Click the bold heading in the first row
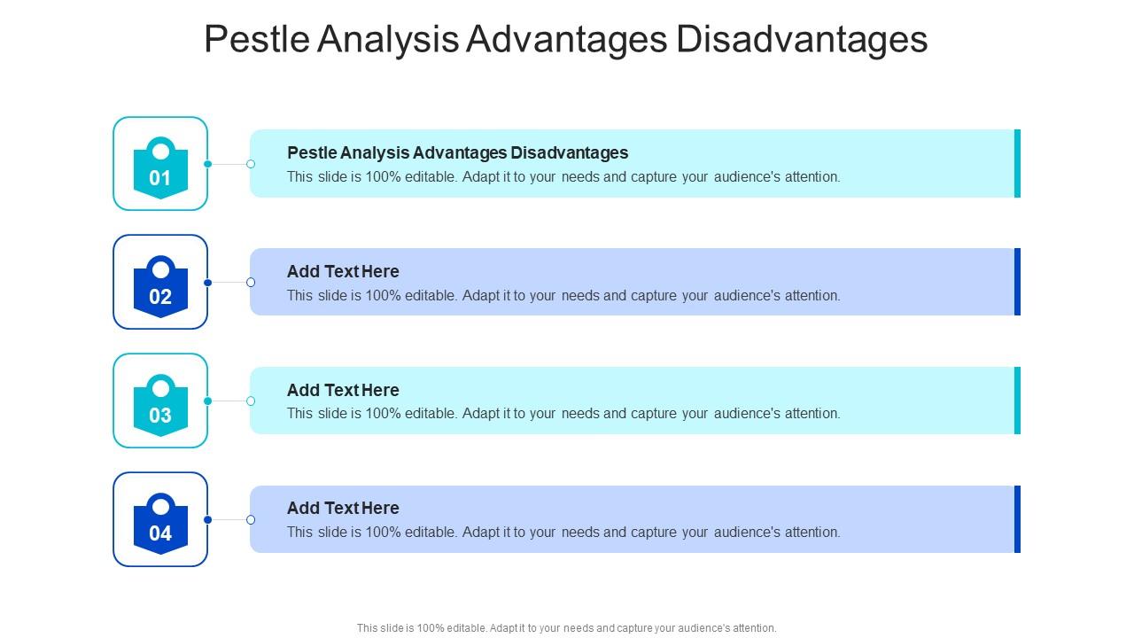coord(457,152)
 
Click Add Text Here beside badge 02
coord(343,271)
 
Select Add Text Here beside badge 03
coord(343,390)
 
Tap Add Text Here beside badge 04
coord(343,508)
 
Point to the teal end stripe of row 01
coord(1017,163)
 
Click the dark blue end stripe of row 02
coord(1017,282)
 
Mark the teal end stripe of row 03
coord(1017,401)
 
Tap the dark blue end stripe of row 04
coord(1017,519)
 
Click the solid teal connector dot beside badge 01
coord(208,164)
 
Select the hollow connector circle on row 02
coord(251,283)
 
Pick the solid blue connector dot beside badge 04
coord(208,520)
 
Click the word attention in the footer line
coord(753,628)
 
